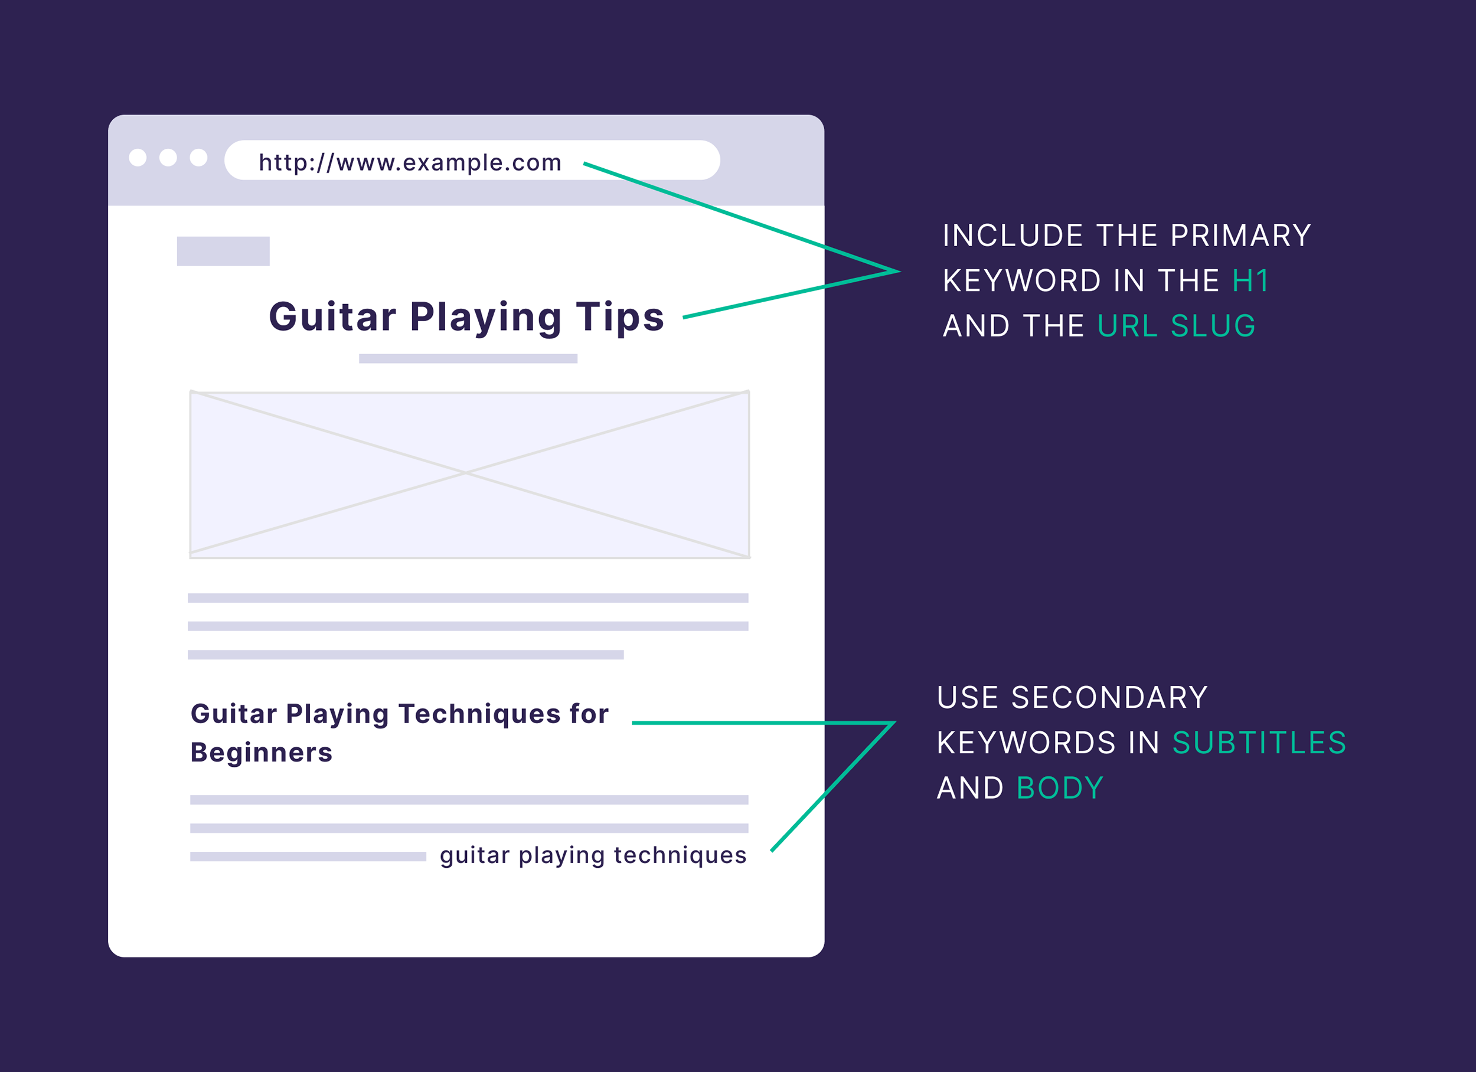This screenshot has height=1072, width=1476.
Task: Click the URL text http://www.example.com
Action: (x=410, y=162)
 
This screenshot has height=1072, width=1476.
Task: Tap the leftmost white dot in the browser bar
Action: (x=138, y=158)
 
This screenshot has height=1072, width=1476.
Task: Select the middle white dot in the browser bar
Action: (x=168, y=158)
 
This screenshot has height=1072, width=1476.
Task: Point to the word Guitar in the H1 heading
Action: (x=332, y=318)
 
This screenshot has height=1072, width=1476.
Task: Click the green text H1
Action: (x=1250, y=281)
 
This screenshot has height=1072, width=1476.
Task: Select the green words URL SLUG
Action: (x=1177, y=326)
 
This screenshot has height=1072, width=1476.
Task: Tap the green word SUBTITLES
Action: (x=1259, y=743)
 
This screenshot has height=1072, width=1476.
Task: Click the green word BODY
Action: (x=1060, y=788)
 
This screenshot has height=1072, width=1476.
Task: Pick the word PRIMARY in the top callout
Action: (x=1240, y=236)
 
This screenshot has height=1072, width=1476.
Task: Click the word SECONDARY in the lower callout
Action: (x=1109, y=698)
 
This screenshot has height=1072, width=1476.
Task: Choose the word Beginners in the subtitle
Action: (x=262, y=753)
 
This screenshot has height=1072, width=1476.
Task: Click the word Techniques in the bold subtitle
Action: (x=479, y=714)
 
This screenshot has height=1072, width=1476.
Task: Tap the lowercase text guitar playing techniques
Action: (x=593, y=855)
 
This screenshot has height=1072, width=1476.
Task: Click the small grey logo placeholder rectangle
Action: (x=223, y=251)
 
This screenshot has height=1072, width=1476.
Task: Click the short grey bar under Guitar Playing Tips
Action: (x=468, y=359)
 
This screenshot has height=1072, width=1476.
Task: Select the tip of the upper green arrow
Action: (x=898, y=271)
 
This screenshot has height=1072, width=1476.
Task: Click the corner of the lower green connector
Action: (x=893, y=723)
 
